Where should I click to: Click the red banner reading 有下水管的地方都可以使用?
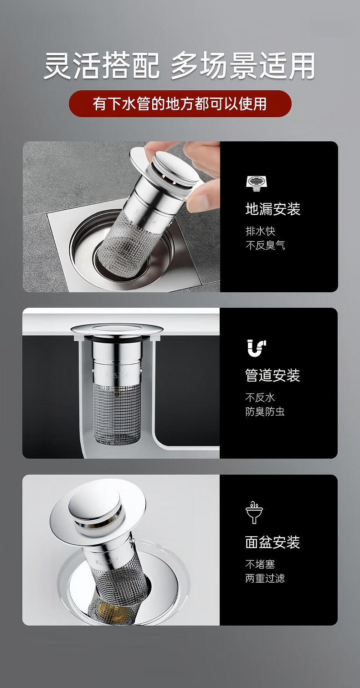click(x=180, y=103)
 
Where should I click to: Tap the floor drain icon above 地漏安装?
click(x=257, y=183)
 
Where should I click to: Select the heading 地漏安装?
click(x=273, y=209)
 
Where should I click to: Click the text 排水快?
click(x=261, y=231)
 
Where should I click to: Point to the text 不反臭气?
click(x=265, y=245)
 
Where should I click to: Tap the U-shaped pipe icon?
click(x=257, y=348)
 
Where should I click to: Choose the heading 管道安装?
click(x=273, y=375)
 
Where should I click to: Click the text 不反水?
click(x=260, y=398)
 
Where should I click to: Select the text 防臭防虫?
click(x=265, y=412)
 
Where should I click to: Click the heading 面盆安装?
click(x=273, y=542)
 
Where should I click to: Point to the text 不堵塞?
click(x=260, y=564)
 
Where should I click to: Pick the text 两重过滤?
click(x=265, y=579)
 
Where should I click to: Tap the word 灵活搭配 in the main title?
click(x=102, y=65)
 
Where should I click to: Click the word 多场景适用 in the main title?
click(x=243, y=65)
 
